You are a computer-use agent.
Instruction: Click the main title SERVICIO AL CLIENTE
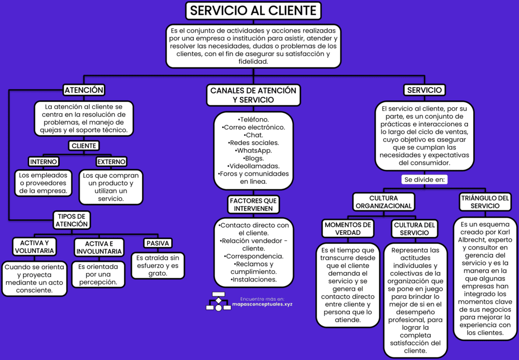pos(253,10)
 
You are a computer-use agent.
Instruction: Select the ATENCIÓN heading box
pos(84,90)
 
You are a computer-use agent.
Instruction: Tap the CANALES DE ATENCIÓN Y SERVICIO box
pos(253,95)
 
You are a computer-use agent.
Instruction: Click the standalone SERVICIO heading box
pos(425,90)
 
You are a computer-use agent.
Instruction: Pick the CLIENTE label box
pos(84,146)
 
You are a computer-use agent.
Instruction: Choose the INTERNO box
pos(44,162)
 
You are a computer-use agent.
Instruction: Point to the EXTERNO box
pos(112,162)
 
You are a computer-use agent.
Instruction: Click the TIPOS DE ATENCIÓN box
pos(72,220)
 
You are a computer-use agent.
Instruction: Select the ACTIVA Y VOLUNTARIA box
pos(35,247)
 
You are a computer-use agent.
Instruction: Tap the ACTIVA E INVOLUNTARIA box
pos(99,247)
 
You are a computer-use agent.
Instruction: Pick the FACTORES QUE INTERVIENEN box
pos(253,204)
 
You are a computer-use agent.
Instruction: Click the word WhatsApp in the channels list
pos(253,151)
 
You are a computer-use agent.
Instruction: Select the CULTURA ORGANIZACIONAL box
pos(384,202)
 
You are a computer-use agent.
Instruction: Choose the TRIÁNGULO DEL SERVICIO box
pos(485,202)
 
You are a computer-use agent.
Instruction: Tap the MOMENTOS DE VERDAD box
pos(347,229)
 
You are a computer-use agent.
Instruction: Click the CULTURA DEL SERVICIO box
pos(415,229)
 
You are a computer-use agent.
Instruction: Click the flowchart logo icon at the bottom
pos(218,301)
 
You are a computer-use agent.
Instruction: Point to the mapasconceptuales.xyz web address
pos(263,304)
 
